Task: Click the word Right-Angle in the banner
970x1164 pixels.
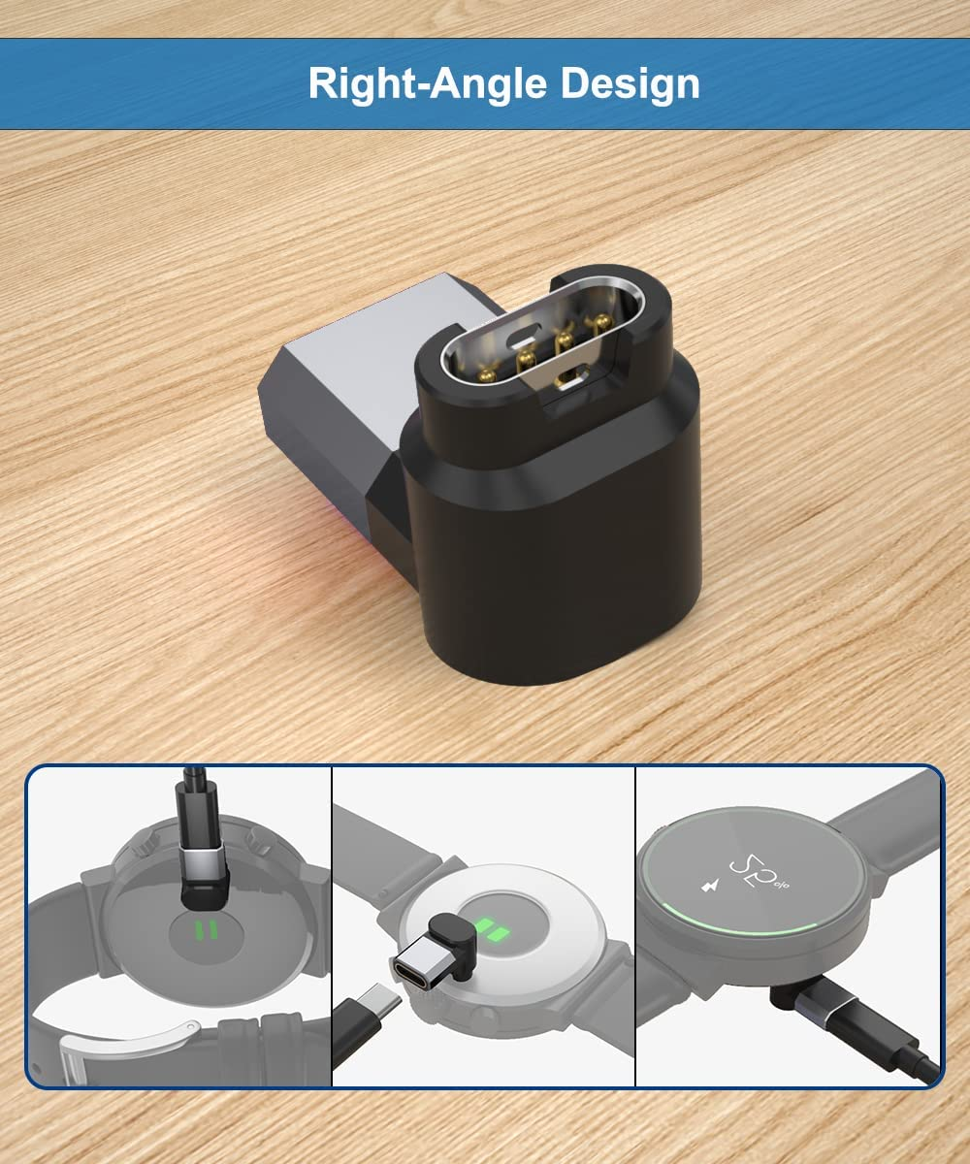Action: coord(427,83)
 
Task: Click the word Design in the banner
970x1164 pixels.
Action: coord(630,82)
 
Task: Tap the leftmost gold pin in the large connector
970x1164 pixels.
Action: coord(487,375)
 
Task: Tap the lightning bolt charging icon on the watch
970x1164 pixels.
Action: coord(710,886)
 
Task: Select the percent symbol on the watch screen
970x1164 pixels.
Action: coord(781,884)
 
